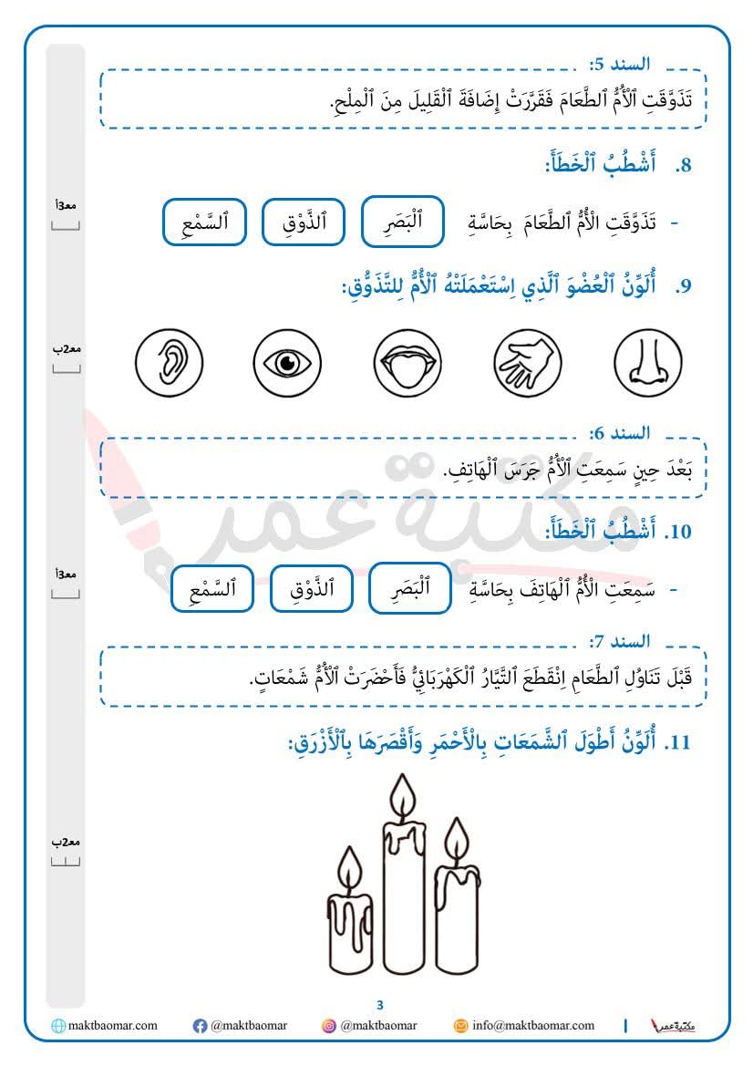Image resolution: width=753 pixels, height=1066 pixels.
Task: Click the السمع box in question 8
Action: [204, 222]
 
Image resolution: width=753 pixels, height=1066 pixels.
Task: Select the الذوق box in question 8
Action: [303, 222]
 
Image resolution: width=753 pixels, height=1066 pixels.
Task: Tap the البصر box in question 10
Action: [409, 588]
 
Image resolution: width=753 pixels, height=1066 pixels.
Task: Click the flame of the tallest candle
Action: [399, 797]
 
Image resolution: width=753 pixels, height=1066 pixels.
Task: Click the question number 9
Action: [684, 286]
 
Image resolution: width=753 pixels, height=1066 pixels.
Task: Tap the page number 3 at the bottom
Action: [380, 1005]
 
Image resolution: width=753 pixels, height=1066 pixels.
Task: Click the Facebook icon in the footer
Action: [200, 1026]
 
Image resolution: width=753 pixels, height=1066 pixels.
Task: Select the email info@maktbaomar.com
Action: [532, 1026]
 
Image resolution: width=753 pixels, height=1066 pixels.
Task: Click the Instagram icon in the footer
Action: [328, 1026]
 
